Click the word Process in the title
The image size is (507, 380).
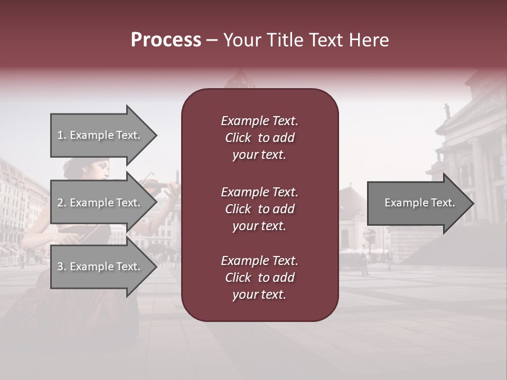point(166,40)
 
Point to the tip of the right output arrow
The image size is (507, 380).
point(473,203)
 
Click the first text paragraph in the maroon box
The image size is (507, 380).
point(259,138)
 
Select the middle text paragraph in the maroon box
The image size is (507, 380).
point(259,209)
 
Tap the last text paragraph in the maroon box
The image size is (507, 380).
point(259,278)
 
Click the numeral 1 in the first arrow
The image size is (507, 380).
point(60,136)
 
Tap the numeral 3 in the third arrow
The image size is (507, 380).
point(60,267)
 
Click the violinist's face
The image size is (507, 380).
point(101,170)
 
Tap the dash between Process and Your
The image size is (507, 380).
point(212,41)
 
